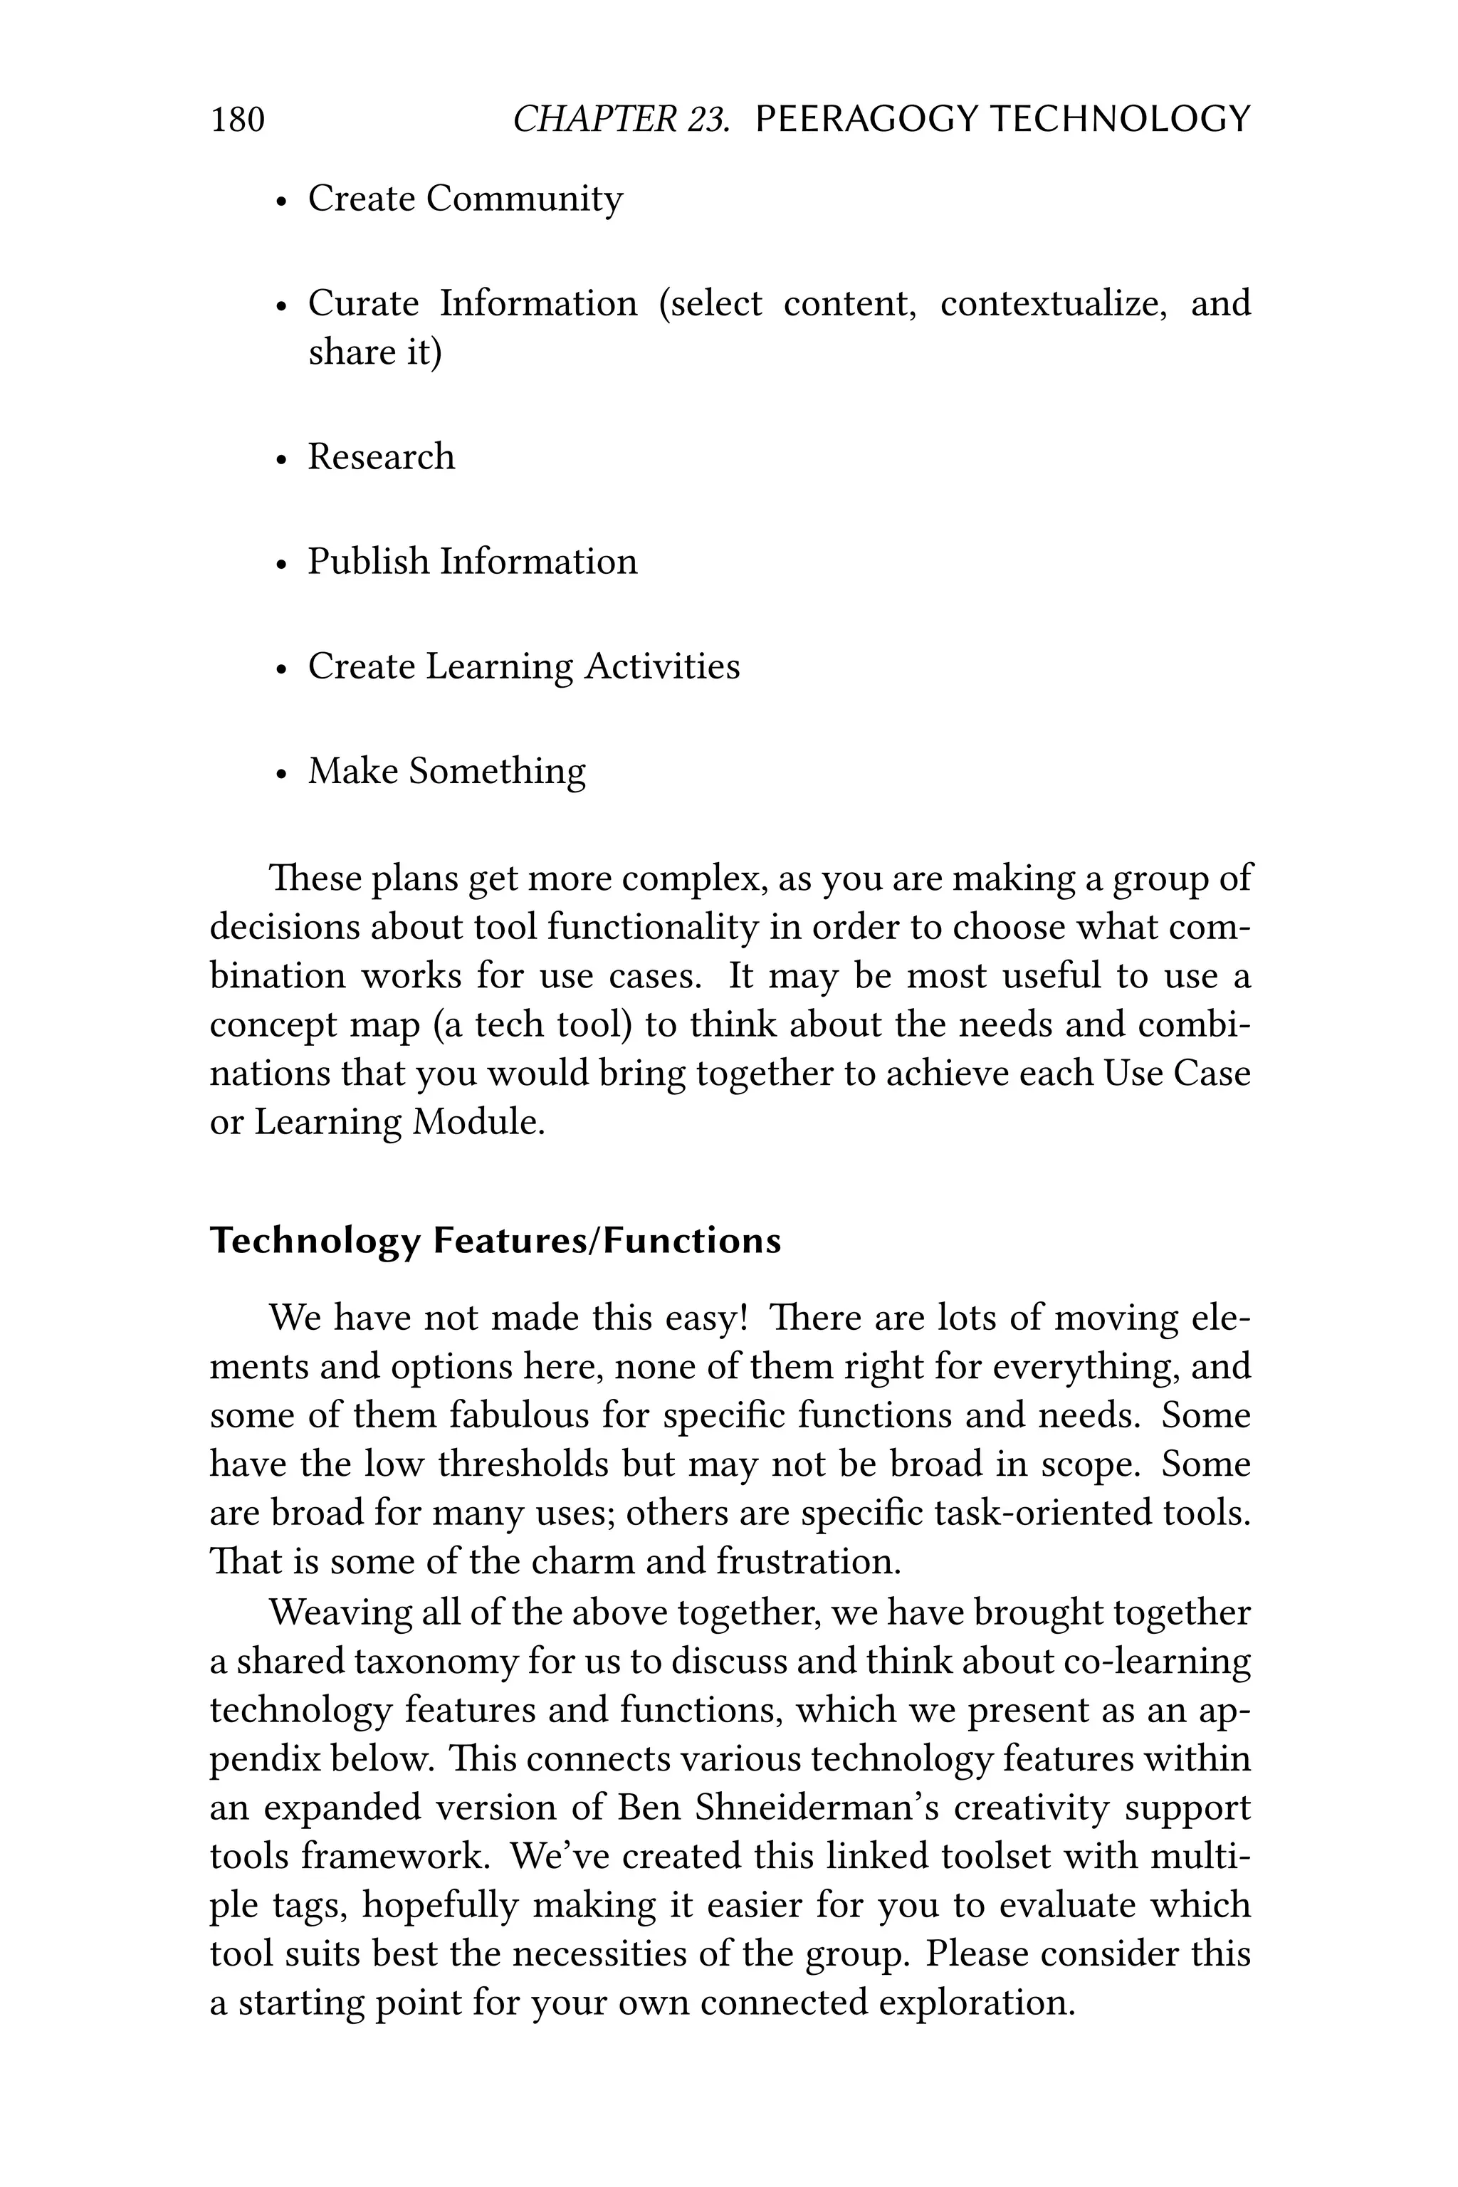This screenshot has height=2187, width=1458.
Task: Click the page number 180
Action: [238, 120]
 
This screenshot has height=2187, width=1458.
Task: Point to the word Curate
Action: [364, 303]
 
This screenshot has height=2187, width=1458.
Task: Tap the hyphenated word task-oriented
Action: [1042, 1513]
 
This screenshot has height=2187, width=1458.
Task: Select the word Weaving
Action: [340, 1613]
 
